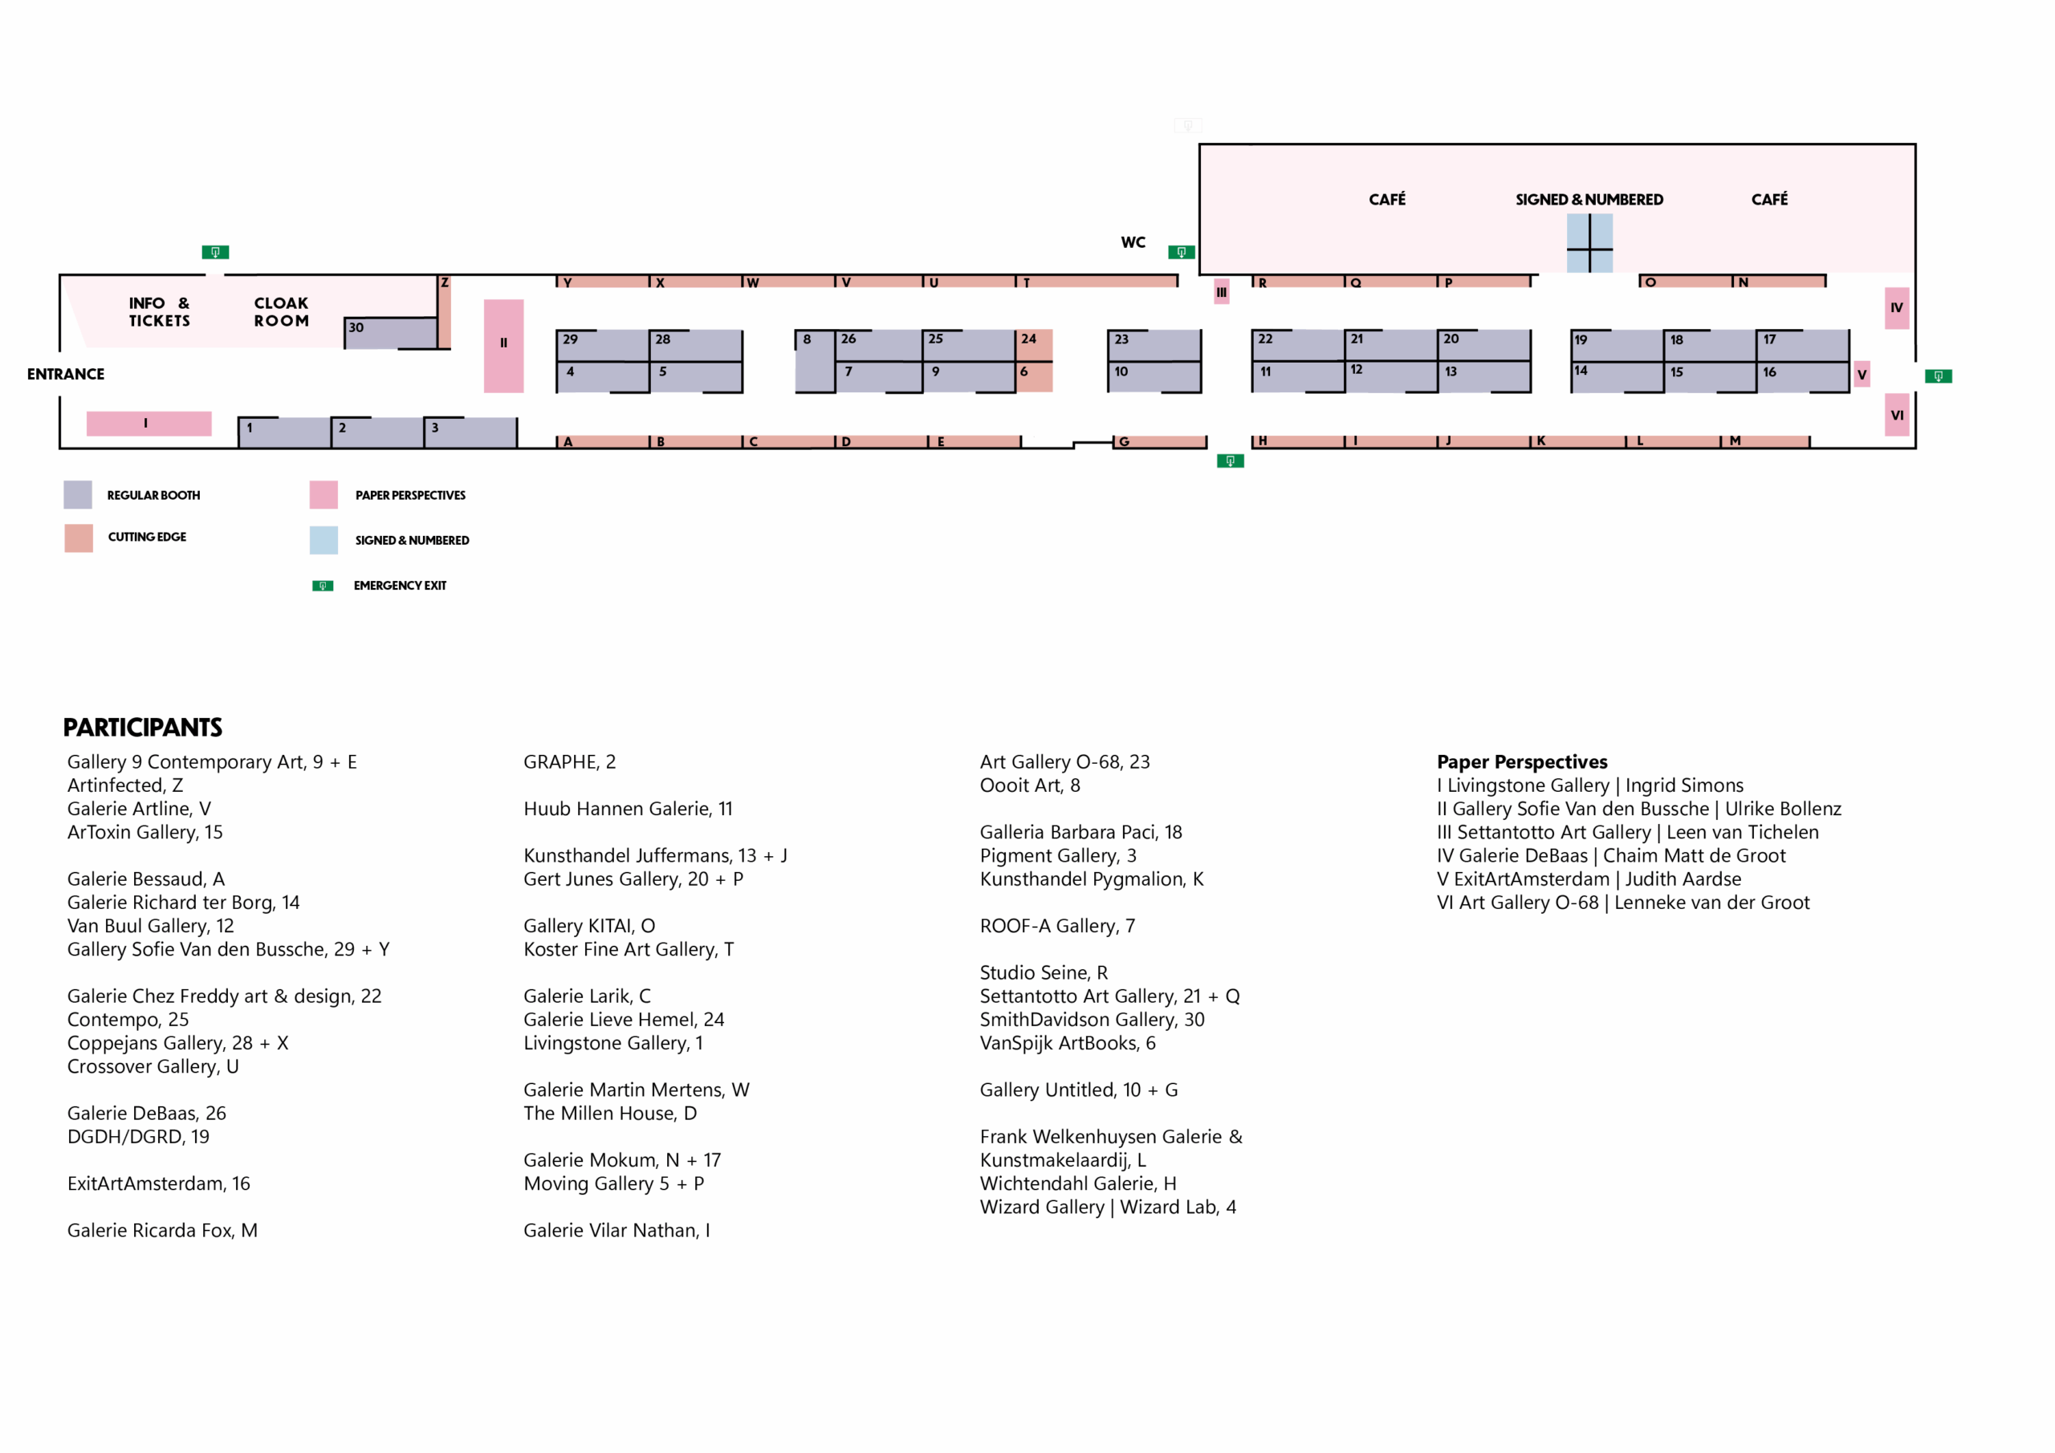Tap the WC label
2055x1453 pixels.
click(x=1133, y=242)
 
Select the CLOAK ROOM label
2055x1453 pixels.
click(x=281, y=312)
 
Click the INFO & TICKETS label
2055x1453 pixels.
click(x=159, y=312)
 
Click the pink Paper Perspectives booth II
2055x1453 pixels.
click(x=504, y=345)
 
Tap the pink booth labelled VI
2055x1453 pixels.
click(x=1897, y=415)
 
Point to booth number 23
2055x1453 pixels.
click(x=1154, y=344)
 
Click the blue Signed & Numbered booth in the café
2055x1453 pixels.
click(x=1589, y=242)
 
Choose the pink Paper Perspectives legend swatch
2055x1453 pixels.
click(x=324, y=495)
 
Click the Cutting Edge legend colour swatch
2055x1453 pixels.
click(x=79, y=538)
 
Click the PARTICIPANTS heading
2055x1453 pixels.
click(x=142, y=728)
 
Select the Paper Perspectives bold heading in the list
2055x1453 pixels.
click(x=1521, y=762)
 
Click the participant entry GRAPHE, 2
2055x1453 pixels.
click(x=569, y=762)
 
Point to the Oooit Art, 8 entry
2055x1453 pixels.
click(x=1029, y=785)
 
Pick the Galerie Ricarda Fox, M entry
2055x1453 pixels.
click(x=162, y=1230)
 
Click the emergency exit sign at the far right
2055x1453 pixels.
click(x=1938, y=376)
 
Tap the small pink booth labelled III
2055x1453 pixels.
click(x=1222, y=292)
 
